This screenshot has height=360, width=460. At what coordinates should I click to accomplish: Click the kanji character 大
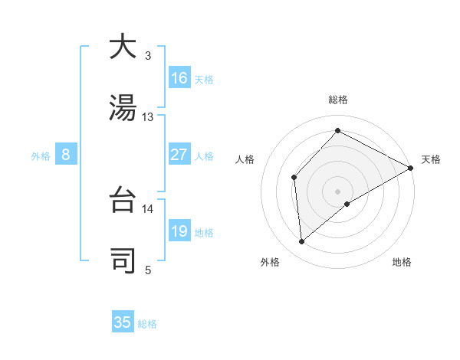[x=123, y=47]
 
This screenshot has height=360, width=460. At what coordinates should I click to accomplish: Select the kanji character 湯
[x=123, y=108]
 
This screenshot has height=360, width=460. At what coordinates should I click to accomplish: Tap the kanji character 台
[x=123, y=201]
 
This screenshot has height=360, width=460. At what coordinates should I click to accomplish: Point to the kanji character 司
[x=123, y=261]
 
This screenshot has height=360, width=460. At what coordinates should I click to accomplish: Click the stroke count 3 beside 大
[x=148, y=56]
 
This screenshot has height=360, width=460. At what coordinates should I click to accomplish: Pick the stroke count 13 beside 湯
[x=148, y=117]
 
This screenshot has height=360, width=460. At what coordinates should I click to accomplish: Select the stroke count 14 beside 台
[x=148, y=208]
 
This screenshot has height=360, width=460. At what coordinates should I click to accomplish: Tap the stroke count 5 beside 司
[x=148, y=270]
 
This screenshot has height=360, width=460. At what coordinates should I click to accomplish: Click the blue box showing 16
[x=179, y=78]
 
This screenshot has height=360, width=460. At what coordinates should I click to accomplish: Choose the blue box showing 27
[x=179, y=155]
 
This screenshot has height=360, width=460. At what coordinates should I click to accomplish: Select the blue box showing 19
[x=179, y=231]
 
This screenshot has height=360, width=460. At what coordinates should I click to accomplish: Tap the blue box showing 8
[x=66, y=155]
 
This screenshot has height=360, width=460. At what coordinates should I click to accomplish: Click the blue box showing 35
[x=123, y=322]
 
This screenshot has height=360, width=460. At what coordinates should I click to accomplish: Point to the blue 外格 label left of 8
[x=41, y=156]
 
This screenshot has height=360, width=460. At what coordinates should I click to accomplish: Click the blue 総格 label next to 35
[x=147, y=324]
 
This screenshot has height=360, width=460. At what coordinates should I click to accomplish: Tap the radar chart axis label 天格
[x=431, y=159]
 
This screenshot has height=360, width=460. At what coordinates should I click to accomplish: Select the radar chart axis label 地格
[x=402, y=263]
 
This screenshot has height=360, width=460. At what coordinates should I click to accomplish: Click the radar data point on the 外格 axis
[x=302, y=242]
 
